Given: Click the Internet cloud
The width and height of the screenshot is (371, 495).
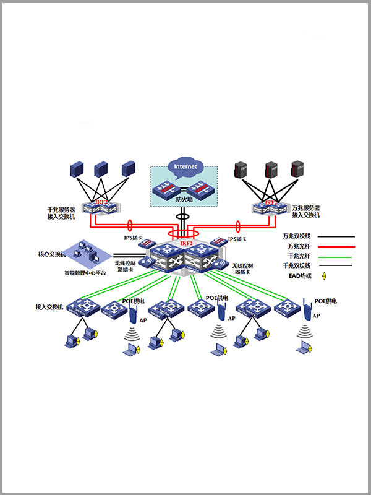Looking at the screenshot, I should coord(185,167).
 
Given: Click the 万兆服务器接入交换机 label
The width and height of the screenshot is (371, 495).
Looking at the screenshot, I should coord(306,212).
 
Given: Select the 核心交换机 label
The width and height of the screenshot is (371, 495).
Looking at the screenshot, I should coord(51,254).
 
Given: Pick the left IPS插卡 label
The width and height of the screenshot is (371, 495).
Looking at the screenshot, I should coord(134,239).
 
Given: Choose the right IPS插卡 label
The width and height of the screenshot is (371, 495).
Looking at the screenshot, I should coord(237,239).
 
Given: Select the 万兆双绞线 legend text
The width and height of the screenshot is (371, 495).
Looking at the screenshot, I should coord(297,236).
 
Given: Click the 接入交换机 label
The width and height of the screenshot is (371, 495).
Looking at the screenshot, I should coord(50,307).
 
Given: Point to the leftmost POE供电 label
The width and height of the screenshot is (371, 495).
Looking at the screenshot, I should coord(134,301).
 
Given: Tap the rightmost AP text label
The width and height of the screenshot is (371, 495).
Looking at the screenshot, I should coord(316,316).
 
